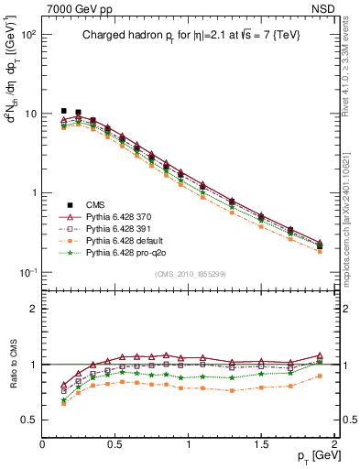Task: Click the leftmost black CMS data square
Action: (x=64, y=111)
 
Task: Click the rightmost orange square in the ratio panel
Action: (x=320, y=375)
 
